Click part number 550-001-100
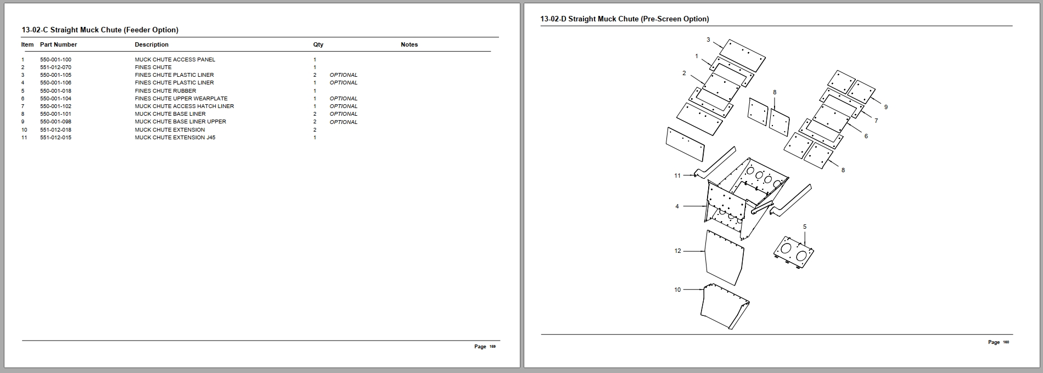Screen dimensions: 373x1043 [55, 59]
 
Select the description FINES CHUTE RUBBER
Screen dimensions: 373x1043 [165, 91]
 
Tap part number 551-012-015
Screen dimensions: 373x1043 [55, 137]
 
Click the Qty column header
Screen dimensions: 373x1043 [318, 44]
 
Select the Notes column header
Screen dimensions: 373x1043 [409, 44]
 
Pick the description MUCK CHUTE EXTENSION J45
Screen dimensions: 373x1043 [175, 137]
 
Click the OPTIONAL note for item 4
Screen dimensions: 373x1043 [343, 83]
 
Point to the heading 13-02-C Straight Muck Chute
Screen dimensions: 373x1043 [100, 30]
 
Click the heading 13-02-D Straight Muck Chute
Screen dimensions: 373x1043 [624, 19]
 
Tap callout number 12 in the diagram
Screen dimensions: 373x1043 [677, 251]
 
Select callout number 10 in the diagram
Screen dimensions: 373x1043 [677, 290]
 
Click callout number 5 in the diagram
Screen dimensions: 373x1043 [805, 227]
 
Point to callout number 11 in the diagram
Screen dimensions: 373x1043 [677, 176]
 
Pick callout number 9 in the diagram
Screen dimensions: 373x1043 [885, 107]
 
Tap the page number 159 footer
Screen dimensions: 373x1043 [485, 347]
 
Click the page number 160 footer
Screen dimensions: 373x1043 [999, 342]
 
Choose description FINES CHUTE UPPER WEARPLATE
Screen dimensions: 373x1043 [181, 99]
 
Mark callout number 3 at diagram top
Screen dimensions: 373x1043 [708, 39]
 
